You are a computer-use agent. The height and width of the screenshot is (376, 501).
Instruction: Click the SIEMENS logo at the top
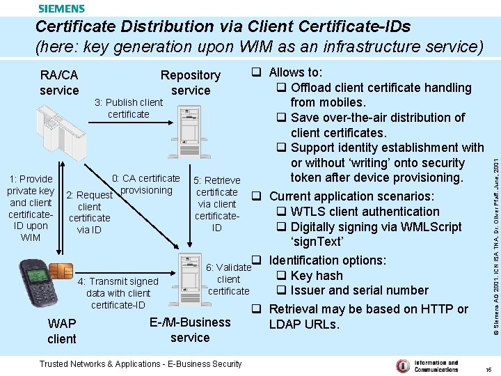[x=61, y=8]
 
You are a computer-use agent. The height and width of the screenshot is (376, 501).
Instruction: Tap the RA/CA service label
[x=59, y=82]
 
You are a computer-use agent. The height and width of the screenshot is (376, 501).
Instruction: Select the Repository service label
[x=190, y=82]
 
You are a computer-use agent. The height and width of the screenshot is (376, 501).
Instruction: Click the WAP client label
[x=61, y=331]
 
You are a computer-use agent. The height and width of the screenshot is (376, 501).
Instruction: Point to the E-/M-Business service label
[x=190, y=329]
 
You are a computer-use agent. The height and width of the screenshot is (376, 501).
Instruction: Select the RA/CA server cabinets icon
[x=52, y=132]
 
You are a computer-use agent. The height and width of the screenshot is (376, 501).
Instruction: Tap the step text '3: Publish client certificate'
[x=129, y=108]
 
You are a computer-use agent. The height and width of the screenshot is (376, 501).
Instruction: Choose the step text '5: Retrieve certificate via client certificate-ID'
[x=217, y=203]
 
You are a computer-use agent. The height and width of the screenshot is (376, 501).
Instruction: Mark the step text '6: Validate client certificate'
[x=228, y=279]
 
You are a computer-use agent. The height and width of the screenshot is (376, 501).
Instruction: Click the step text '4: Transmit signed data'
[x=118, y=292]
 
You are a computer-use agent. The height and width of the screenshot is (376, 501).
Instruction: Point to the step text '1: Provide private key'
[x=31, y=207]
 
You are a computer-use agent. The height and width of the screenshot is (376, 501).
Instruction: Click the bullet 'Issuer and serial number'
[x=359, y=290]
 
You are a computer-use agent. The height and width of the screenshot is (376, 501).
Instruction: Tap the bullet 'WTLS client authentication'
[x=365, y=211]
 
